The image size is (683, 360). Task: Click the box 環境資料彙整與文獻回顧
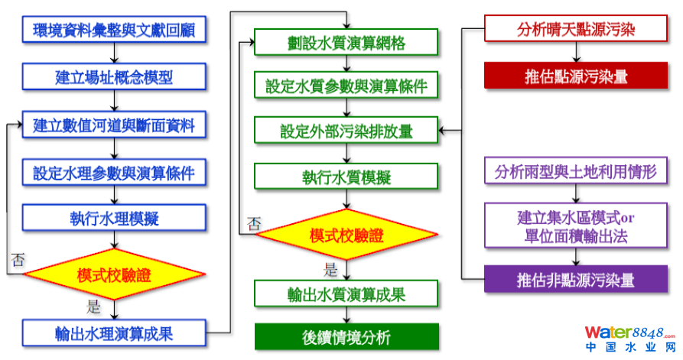[114, 30]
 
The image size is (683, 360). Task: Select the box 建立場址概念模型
[114, 77]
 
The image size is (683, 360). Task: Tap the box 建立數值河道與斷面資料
[114, 125]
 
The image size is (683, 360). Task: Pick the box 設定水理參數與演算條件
[114, 172]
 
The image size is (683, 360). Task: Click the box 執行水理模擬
[114, 219]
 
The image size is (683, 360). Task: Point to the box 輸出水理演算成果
[114, 332]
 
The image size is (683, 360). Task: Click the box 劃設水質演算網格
[346, 43]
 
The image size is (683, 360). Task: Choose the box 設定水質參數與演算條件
[346, 86]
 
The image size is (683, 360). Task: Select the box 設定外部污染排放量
[346, 131]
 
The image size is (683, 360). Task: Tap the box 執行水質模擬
[346, 177]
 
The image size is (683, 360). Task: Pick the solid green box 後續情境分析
[346, 336]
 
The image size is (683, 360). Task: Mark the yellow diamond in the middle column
[346, 235]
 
